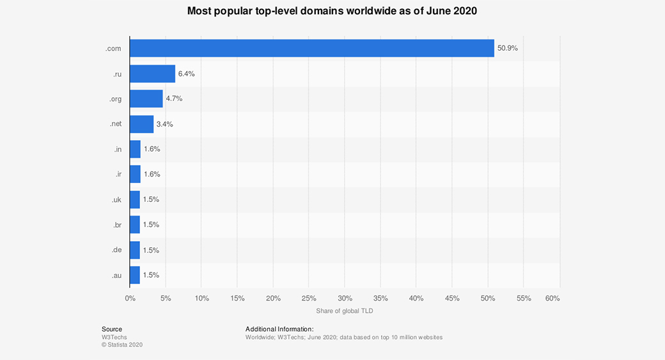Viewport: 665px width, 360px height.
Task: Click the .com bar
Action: pos(311,49)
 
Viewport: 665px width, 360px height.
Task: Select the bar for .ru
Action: pos(152,74)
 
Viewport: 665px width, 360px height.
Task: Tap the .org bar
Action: pos(146,99)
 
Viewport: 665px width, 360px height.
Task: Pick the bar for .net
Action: pos(141,124)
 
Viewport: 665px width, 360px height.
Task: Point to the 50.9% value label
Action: pos(508,49)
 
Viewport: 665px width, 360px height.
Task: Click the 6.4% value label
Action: pos(187,74)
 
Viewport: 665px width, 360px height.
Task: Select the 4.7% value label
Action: pos(174,99)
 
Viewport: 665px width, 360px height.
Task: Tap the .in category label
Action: pos(118,149)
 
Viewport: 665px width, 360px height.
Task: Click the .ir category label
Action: pos(118,174)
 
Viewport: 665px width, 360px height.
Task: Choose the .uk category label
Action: pos(116,200)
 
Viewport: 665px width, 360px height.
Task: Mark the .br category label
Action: pos(116,224)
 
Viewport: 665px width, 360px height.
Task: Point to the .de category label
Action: pos(116,250)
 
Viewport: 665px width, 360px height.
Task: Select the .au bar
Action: pos(135,275)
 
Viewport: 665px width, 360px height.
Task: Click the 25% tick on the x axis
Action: pos(309,298)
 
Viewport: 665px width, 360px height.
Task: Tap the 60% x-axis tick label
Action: pos(552,298)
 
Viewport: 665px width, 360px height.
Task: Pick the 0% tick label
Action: pos(130,298)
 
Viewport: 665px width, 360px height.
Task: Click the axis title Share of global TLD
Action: pos(344,311)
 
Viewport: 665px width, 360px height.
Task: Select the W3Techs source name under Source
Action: pos(114,337)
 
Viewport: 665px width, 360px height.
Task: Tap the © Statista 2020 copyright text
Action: pos(122,345)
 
